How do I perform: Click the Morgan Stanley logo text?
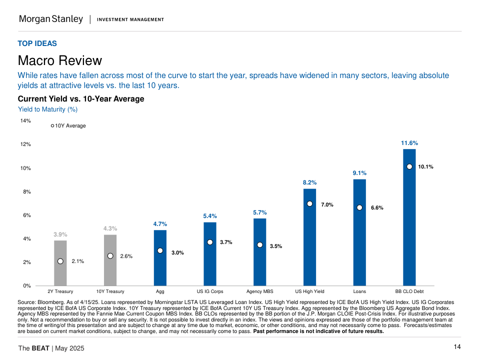50,19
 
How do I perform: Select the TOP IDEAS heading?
37,43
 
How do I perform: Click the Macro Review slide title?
59,61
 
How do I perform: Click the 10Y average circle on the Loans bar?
359,207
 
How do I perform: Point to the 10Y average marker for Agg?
160,250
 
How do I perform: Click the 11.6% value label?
409,143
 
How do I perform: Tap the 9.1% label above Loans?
359,173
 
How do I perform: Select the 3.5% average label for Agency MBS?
276,246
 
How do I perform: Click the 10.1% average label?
425,167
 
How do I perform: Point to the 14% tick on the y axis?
25,120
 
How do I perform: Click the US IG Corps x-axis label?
210,291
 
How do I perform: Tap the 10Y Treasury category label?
110,291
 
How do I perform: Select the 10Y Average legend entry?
68,126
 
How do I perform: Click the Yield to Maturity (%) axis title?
47,109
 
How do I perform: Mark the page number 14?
457,347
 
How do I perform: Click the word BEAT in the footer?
40,348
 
